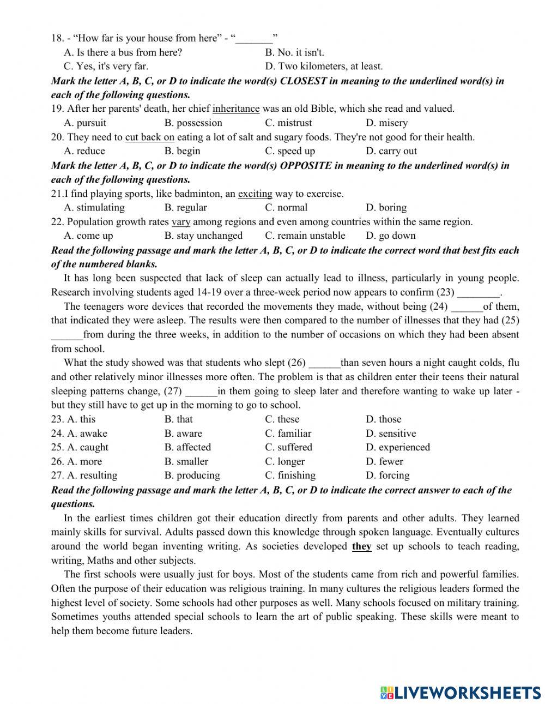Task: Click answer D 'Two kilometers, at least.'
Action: point(324,67)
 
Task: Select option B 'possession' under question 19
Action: point(193,123)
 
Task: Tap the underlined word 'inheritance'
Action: point(236,109)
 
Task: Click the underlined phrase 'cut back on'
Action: point(150,137)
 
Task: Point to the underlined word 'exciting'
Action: point(255,194)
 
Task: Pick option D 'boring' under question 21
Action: point(386,208)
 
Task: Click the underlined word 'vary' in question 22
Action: point(181,222)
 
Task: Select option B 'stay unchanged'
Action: point(203,236)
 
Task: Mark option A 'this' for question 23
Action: point(81,419)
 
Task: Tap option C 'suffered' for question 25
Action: point(289,447)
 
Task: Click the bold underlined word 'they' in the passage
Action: point(362,546)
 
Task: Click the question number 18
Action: point(57,38)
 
